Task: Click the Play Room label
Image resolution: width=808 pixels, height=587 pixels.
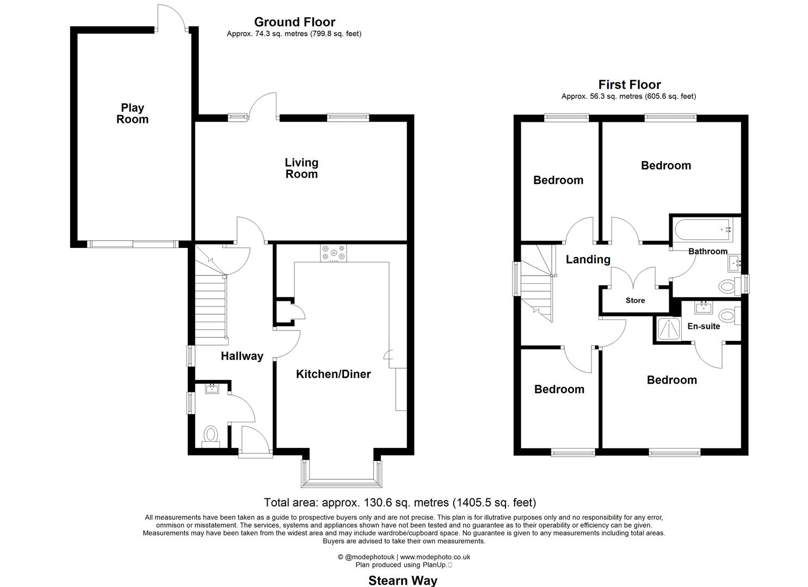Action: (x=132, y=114)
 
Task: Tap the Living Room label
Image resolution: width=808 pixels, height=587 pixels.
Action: (x=301, y=168)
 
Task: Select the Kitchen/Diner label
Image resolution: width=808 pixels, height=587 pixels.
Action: (x=333, y=374)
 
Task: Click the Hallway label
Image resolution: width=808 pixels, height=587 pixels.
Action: (x=242, y=356)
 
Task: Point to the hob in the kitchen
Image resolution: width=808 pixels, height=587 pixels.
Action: (x=334, y=253)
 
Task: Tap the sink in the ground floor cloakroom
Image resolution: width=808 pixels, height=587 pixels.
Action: (x=212, y=389)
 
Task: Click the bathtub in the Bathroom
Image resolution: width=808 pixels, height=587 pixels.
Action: (x=701, y=230)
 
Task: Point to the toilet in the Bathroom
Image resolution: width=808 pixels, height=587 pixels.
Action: (x=727, y=285)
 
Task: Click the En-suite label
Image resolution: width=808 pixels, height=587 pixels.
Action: (x=703, y=326)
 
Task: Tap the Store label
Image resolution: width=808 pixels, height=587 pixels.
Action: (x=635, y=301)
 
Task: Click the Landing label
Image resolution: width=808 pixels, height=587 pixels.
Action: (x=588, y=259)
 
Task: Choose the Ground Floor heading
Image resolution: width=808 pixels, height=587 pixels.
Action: (x=294, y=22)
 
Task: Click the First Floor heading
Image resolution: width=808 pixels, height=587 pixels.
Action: (x=629, y=85)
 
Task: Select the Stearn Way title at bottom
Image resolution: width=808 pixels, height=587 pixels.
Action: (x=403, y=580)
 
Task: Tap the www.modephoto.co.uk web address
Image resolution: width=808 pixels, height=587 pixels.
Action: (x=435, y=557)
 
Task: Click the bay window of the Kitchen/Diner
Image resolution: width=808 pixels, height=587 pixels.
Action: (x=341, y=479)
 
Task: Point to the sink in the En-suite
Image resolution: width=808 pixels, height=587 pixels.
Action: (x=704, y=308)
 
